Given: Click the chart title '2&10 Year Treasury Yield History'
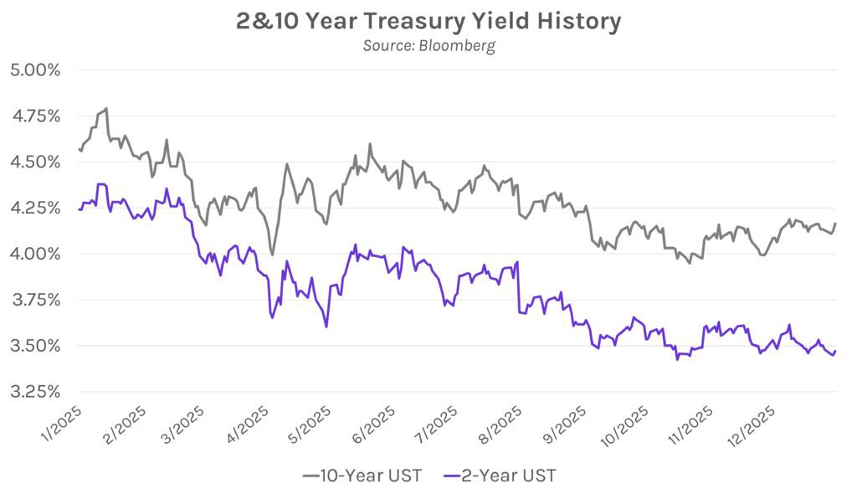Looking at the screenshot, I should point(428,22).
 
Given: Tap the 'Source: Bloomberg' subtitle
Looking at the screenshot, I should point(428,45).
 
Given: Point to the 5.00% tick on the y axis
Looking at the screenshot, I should point(35,69).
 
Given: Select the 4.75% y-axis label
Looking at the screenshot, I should point(35,116).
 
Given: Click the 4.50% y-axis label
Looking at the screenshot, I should point(35,162).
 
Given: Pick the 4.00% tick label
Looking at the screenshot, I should point(35,254).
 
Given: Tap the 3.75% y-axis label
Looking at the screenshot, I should point(35,300).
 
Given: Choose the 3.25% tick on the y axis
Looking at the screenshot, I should point(35,392).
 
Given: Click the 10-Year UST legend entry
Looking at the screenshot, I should point(362,476).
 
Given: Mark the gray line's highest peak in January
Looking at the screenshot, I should point(106,108).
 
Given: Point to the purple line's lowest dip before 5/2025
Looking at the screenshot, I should point(326,327).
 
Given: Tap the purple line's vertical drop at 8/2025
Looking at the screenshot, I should point(519,287).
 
